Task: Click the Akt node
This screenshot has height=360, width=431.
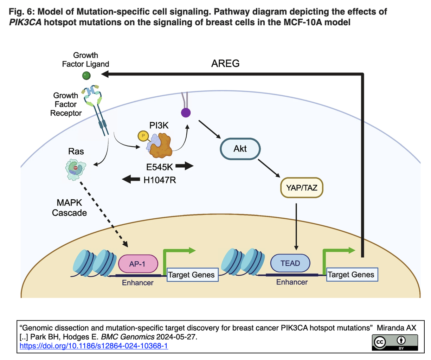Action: coord(240,149)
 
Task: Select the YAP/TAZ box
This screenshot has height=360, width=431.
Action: coord(301,188)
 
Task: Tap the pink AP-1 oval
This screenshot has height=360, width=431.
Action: coord(138,264)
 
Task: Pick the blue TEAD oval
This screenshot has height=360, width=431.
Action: coord(290,263)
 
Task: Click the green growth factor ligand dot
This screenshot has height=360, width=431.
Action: coord(86,76)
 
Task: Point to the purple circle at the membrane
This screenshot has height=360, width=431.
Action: coord(186,113)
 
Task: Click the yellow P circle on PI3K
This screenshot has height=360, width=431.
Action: coord(143,136)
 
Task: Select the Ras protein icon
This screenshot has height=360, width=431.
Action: coord(76,169)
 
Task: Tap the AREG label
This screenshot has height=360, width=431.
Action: coord(225,64)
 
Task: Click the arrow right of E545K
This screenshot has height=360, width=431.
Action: coord(185,166)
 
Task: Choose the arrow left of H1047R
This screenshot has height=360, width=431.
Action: coord(131,180)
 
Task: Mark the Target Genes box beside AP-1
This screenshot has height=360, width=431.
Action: coord(192,275)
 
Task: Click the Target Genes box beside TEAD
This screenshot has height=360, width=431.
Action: coord(351,275)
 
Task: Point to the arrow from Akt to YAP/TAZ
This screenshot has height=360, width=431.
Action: coord(269,168)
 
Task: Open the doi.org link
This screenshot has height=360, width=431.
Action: coord(94,346)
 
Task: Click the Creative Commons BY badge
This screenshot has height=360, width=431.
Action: coord(395,342)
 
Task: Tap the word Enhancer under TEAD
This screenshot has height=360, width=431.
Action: coord(292,282)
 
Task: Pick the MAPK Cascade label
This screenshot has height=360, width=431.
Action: coord(69,208)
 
